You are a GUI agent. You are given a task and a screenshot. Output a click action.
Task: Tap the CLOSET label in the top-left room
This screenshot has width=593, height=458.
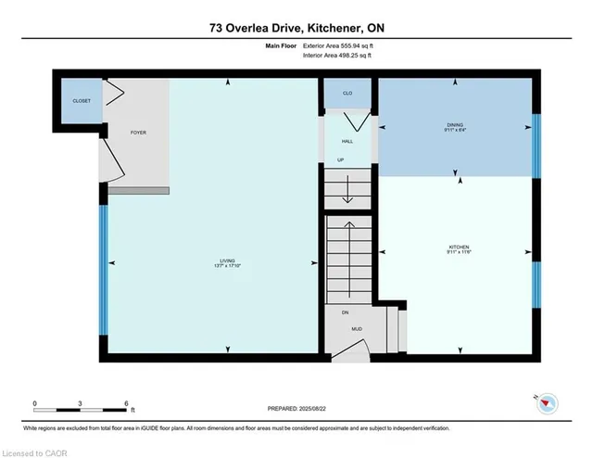82,100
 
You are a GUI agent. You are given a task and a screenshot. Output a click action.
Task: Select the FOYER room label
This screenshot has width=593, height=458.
138,133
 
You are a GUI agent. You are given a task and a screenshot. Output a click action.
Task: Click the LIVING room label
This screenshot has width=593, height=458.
227,260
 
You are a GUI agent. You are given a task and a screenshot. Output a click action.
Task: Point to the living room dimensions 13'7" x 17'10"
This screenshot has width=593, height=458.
227,266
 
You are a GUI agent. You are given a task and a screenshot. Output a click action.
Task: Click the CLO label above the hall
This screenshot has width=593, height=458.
347,93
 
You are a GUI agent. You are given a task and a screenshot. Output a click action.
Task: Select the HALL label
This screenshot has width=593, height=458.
347,141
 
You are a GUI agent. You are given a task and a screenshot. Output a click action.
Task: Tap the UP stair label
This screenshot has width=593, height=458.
341,159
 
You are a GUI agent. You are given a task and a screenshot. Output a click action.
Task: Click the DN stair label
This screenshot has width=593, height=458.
345,312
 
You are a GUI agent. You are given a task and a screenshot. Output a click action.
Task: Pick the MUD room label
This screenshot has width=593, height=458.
356,328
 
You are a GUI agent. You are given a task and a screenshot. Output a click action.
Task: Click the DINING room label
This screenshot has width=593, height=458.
455,124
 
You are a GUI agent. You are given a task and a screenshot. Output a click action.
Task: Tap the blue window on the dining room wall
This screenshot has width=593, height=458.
535,145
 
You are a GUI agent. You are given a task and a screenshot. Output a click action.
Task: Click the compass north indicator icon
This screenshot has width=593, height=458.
549,401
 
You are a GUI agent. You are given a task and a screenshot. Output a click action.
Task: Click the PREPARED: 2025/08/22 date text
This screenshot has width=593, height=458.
296,408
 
